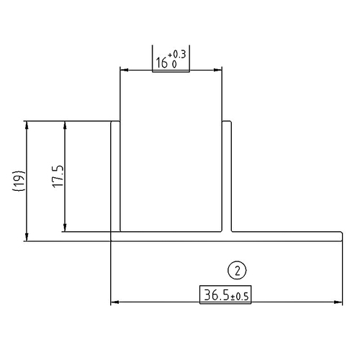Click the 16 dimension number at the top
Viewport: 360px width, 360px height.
[162, 63]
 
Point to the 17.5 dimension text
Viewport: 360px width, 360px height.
[59, 177]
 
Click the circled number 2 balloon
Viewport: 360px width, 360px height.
[237, 271]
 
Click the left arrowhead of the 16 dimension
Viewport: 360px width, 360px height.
[123, 70]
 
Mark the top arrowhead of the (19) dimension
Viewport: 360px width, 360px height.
[27, 124]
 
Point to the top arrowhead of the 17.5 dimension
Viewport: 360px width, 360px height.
[66, 124]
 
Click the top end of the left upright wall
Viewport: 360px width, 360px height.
[114, 122]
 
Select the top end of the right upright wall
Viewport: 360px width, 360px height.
[226, 122]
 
